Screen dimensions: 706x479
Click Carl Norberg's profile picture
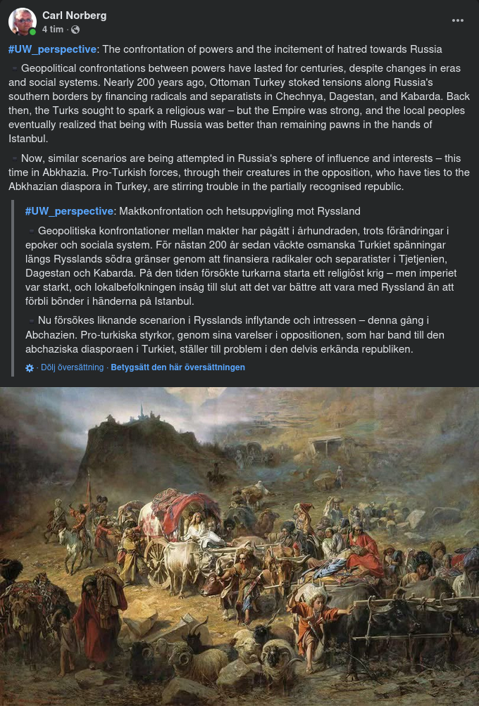(23, 22)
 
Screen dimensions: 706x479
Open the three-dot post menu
(458, 20)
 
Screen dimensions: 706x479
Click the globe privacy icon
(75, 30)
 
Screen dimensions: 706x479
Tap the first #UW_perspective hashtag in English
(52, 49)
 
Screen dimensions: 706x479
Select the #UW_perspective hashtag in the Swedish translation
(69, 211)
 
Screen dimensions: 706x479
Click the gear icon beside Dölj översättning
(30, 367)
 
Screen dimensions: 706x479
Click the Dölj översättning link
(72, 367)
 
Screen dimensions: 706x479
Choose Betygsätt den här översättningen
(178, 367)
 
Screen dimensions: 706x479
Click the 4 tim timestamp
(53, 30)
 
